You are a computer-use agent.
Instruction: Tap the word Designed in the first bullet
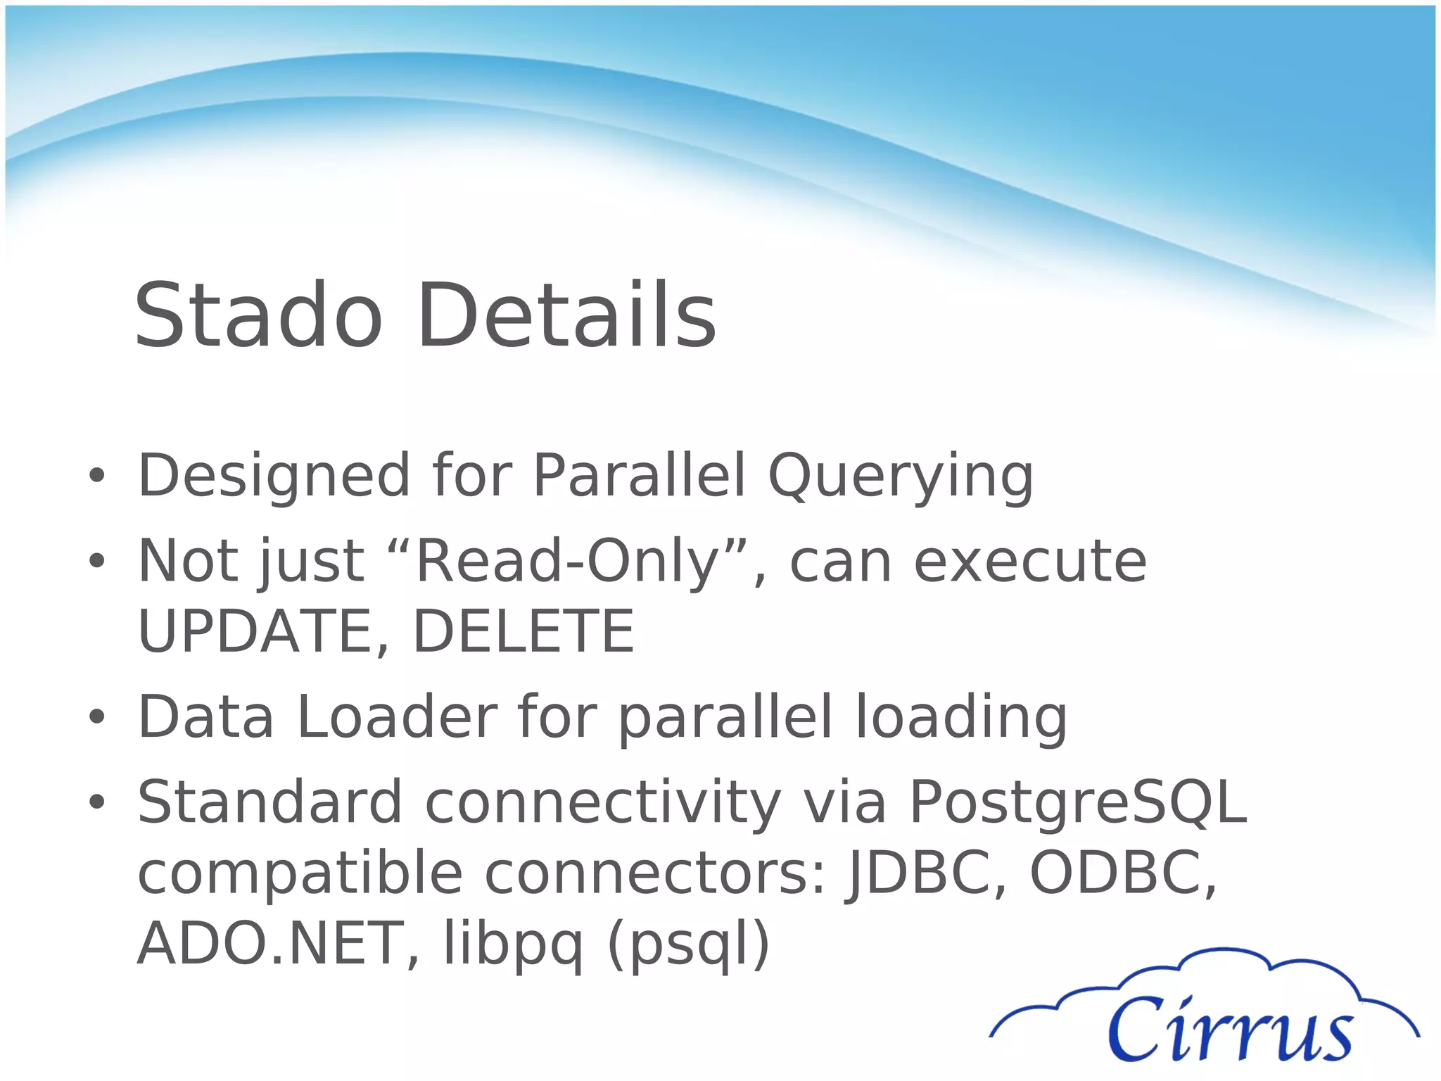[x=274, y=476]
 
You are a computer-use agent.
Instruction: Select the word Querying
[x=901, y=476]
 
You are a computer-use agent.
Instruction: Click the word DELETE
[x=523, y=631]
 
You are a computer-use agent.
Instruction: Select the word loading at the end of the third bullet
[x=960, y=717]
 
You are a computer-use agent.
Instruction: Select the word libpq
[x=513, y=945]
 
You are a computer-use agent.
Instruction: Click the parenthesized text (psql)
[x=688, y=945]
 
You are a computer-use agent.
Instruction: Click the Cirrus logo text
[x=1230, y=1030]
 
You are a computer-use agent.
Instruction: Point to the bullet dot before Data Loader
[x=97, y=717]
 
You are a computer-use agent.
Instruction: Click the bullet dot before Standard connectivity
[x=97, y=802]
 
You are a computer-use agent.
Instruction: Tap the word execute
[x=1029, y=562]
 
